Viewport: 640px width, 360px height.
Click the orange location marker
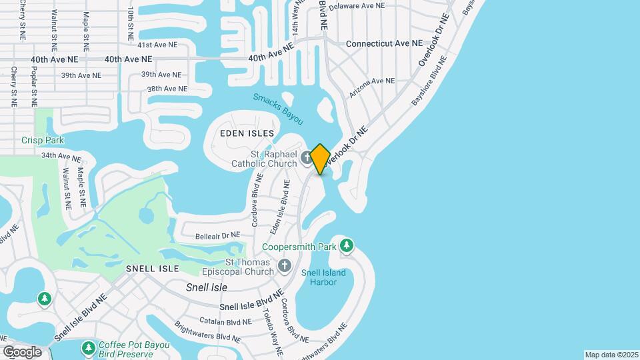coord(320,159)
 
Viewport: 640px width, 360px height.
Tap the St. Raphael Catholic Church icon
coord(306,158)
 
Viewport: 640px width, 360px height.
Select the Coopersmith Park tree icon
coord(346,246)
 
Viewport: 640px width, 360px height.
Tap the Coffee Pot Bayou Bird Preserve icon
coord(88,348)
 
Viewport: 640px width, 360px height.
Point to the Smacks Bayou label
coord(278,109)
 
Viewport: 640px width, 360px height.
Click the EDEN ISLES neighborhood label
coord(247,133)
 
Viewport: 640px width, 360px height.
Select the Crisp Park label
coord(43,140)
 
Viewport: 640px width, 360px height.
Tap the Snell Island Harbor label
coord(323,277)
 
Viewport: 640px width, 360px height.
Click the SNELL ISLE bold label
coord(153,268)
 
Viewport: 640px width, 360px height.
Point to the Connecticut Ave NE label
coord(384,43)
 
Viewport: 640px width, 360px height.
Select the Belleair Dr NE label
coord(217,236)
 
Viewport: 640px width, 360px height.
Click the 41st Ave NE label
coord(157,45)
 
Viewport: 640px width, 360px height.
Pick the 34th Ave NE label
coord(61,157)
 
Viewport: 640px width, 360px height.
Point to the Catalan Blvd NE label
coord(219,321)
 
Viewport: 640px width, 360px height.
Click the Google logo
coord(23,351)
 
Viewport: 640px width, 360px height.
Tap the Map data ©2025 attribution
coord(611,355)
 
